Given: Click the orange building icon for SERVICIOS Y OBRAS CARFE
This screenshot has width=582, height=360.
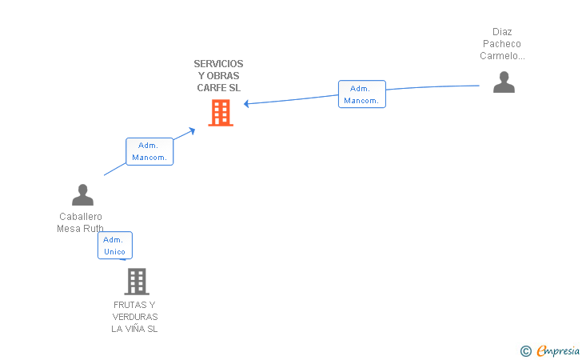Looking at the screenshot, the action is point(221,113).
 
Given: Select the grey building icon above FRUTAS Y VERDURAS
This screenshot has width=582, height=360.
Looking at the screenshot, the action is point(137,282).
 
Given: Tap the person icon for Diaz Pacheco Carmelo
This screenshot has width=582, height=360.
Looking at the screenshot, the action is point(504,82).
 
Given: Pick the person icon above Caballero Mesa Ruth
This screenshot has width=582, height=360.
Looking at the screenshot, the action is point(82,194).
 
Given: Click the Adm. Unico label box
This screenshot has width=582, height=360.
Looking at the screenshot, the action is point(115,246).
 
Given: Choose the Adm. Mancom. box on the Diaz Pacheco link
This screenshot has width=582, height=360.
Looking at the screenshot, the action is point(362,94).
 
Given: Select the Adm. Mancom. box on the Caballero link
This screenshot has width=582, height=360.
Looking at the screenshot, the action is point(149,151).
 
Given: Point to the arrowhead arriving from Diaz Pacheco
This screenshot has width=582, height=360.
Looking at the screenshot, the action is point(245,104).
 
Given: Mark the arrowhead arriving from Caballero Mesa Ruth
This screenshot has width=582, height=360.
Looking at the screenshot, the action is point(192,130).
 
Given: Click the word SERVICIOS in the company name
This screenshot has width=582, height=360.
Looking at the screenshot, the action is point(218,64).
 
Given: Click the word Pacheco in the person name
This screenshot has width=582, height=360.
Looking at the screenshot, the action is point(502,44).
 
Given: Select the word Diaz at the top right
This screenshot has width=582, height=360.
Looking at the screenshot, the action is point(502,32).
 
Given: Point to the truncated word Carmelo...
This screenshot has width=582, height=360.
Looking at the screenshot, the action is point(502,56).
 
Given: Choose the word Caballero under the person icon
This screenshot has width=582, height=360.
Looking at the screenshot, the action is point(81,217).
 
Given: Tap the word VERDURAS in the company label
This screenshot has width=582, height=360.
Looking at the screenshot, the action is point(135,317).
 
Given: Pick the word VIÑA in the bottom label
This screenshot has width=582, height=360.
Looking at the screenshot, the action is point(135,329).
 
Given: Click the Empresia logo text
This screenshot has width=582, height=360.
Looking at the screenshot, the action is point(558,350).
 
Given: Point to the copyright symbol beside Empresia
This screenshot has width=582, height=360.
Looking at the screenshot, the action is point(526,351).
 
